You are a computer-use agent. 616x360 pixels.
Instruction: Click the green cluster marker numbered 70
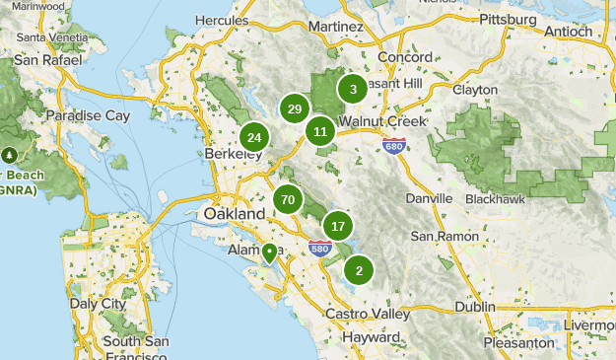click(x=288, y=200)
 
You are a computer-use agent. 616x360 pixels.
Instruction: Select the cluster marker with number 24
click(x=254, y=138)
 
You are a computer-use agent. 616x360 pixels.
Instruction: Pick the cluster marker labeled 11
click(x=320, y=130)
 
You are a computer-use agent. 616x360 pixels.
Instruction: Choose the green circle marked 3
click(x=353, y=90)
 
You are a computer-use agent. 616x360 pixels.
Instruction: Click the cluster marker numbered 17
click(x=338, y=226)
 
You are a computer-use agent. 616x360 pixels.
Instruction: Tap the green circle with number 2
click(x=359, y=270)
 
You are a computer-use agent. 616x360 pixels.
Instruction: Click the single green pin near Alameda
click(x=269, y=253)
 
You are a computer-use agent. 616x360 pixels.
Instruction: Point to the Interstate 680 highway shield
click(x=394, y=145)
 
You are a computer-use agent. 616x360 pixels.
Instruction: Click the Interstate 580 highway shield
click(x=319, y=248)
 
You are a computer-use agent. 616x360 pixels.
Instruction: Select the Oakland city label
click(x=234, y=214)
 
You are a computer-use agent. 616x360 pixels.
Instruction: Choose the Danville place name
click(x=429, y=198)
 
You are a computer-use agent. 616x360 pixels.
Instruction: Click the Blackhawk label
click(x=494, y=198)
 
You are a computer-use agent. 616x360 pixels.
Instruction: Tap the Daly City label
click(x=99, y=305)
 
